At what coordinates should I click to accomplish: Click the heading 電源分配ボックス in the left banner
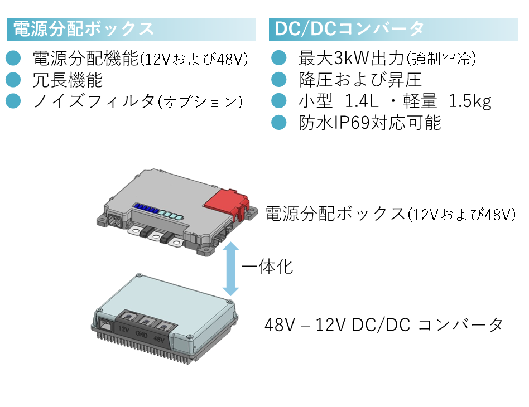83,29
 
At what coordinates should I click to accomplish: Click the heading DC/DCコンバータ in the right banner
349,28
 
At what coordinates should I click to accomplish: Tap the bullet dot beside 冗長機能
13,80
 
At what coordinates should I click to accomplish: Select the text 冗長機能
68,80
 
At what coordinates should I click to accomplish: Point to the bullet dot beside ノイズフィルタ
13,101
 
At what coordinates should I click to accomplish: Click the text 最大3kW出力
351,58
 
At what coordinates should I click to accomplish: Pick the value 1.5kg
470,101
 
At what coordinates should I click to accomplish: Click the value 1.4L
362,101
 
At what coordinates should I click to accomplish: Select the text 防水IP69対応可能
370,123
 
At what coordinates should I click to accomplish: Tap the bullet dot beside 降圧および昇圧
279,80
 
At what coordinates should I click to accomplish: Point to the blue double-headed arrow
231,269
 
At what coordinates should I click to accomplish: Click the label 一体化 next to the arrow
267,267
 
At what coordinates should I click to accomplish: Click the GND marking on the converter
141,334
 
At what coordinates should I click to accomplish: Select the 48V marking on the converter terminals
159,338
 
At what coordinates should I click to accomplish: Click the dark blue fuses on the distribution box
146,209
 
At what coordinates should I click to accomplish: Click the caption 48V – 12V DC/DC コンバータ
384,324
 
